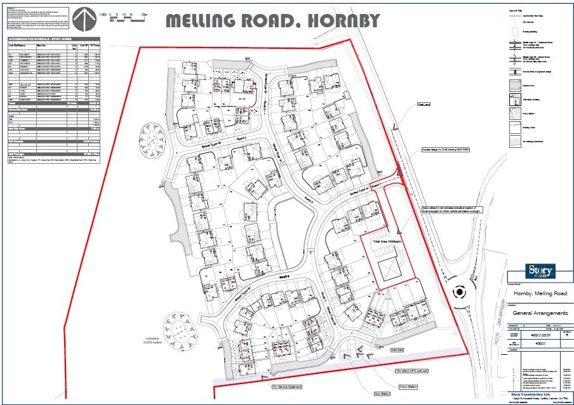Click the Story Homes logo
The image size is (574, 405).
(540, 270)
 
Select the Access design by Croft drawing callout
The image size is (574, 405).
(444, 150)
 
